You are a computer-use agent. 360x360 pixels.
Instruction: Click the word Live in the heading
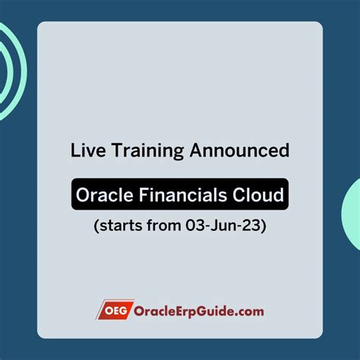(x=87, y=151)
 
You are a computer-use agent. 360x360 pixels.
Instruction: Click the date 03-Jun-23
(x=225, y=226)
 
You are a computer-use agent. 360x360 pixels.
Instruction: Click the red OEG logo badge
(x=111, y=310)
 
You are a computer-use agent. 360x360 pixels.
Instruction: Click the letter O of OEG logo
(x=106, y=310)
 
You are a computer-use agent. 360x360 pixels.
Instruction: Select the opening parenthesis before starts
(x=96, y=226)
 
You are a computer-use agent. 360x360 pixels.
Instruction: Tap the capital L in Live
(x=76, y=151)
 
